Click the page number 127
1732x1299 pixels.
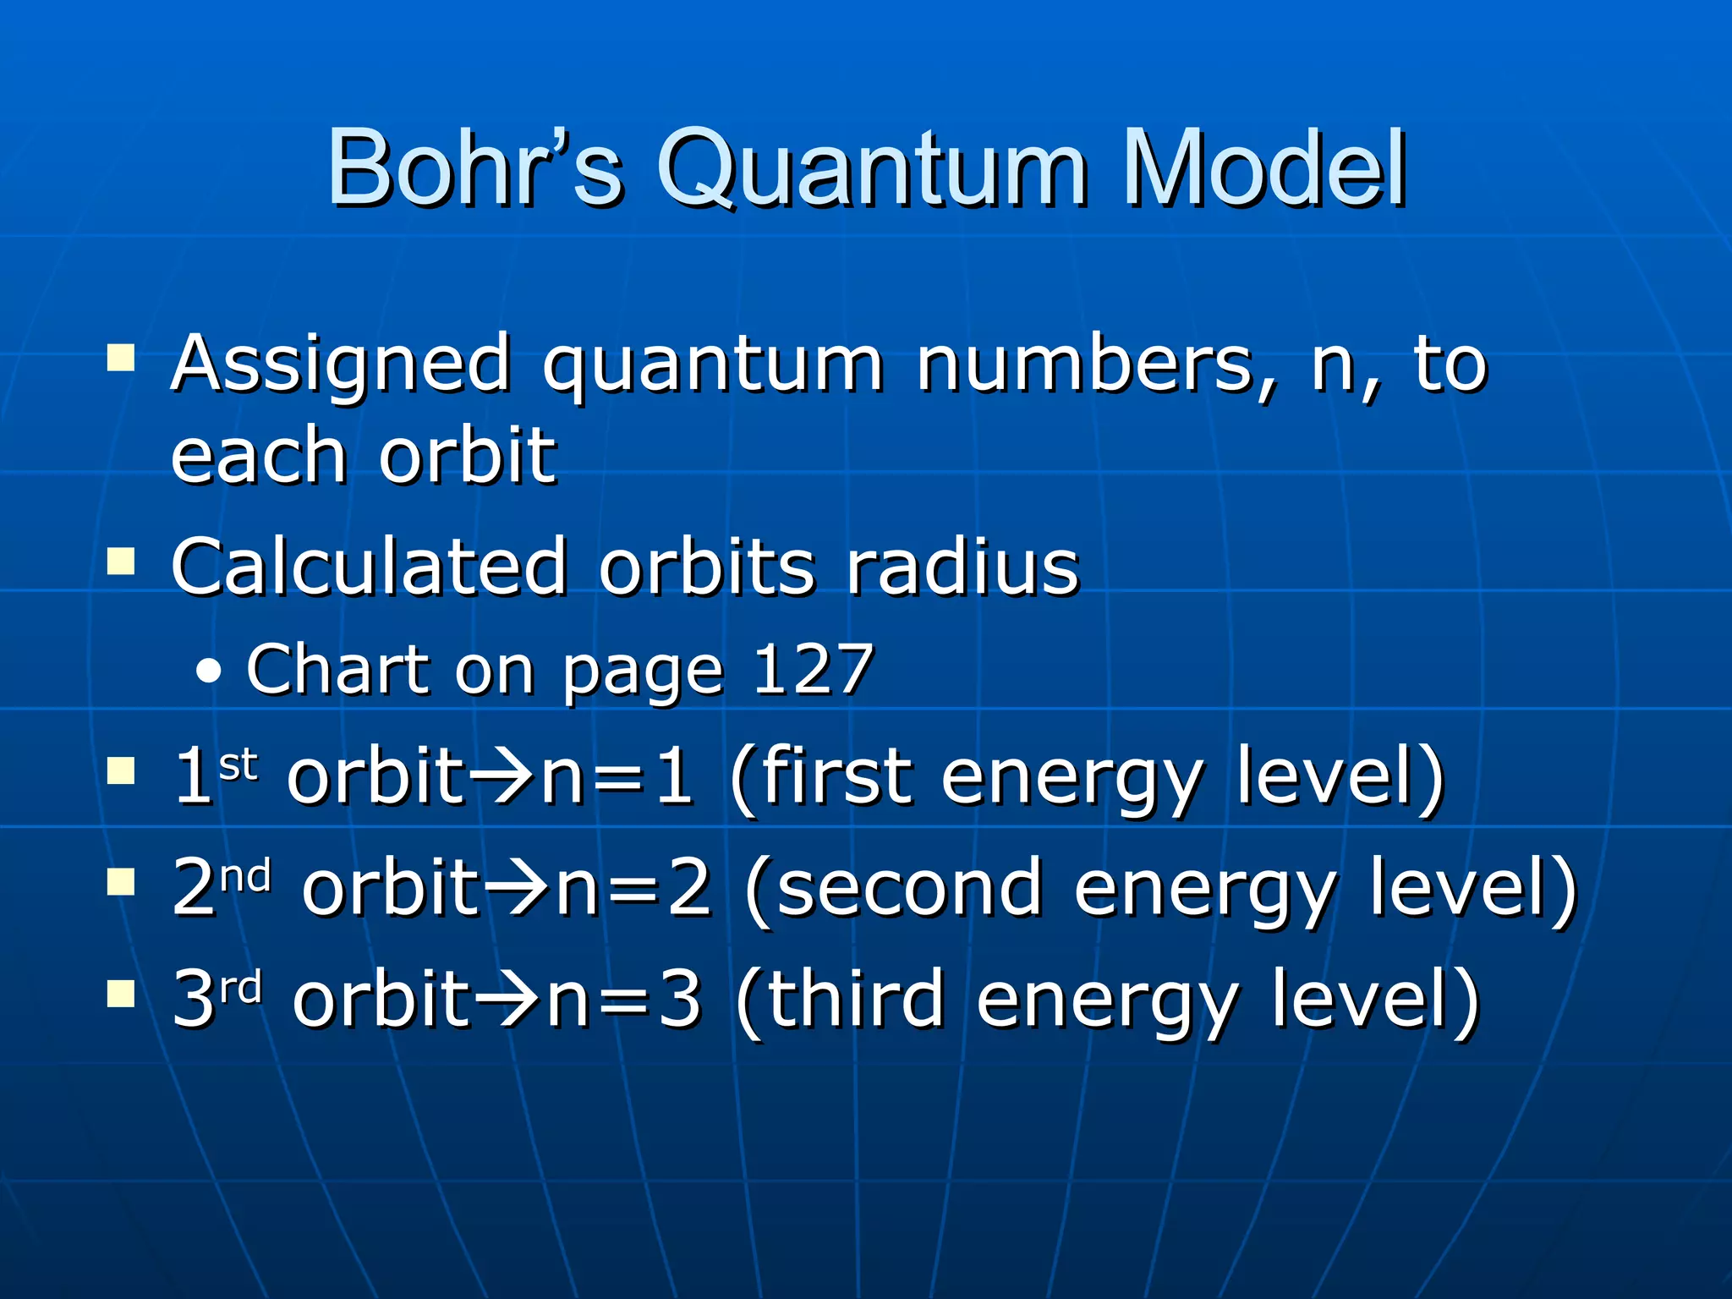click(813, 668)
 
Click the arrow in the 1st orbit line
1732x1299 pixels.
click(503, 776)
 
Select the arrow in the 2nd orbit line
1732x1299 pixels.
click(518, 888)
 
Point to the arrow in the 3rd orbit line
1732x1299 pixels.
click(508, 1000)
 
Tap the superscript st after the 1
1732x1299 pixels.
click(238, 765)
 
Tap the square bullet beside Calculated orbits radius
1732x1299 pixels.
click(121, 561)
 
